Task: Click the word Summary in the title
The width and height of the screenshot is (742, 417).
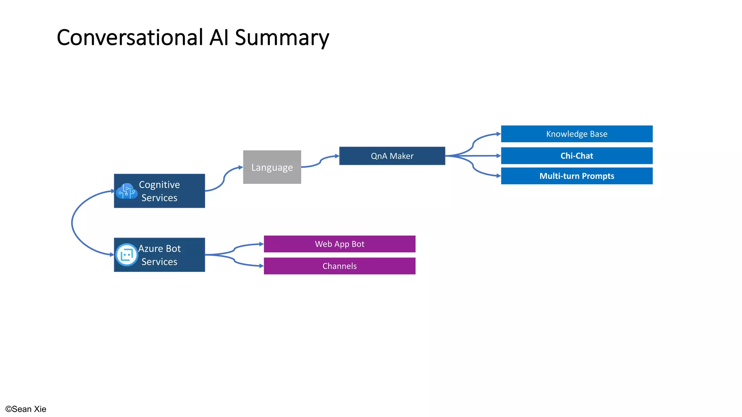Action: [282, 38]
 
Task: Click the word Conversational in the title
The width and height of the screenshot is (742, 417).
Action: [130, 38]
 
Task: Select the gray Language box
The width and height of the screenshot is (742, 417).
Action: [272, 167]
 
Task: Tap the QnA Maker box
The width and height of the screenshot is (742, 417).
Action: [392, 156]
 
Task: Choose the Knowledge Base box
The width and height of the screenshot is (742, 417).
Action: [576, 134]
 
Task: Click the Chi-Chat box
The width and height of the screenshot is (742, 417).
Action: [576, 156]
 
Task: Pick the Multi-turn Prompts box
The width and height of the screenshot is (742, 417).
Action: [576, 176]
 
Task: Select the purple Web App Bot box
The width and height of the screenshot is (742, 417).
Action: [339, 244]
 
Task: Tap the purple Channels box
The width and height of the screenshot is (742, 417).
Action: [339, 266]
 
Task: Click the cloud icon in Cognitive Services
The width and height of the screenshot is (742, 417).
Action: [126, 191]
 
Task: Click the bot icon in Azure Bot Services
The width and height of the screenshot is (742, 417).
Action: [126, 255]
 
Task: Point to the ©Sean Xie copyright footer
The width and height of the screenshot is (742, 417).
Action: [26, 409]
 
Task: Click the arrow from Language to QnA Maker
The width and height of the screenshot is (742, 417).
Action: [320, 161]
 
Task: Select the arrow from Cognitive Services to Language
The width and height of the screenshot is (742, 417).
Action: [224, 178]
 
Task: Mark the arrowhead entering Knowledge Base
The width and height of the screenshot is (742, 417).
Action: [499, 134]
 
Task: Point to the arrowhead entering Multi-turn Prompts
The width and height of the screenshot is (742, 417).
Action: [499, 176]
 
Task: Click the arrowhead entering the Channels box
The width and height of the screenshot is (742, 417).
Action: [261, 266]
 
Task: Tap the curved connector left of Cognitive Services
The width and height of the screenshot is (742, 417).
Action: [72, 223]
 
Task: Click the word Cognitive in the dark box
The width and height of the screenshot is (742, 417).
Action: [159, 185]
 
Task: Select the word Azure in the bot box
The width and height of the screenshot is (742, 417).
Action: [150, 249]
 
